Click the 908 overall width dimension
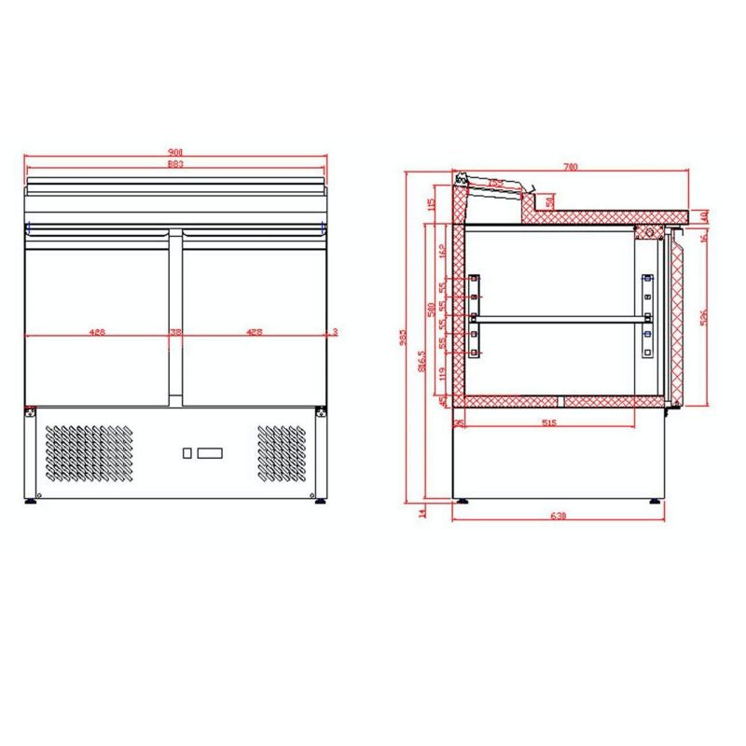tap(175, 151)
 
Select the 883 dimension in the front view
tap(175, 164)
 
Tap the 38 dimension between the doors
tap(175, 331)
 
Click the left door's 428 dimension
tap(96, 331)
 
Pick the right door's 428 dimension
tap(254, 331)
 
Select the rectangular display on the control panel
tap(211, 453)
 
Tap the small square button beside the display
tap(187, 453)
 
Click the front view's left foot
tap(32, 500)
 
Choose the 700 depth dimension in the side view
tap(571, 167)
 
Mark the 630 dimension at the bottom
tap(558, 516)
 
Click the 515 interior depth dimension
tap(547, 421)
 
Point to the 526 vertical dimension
tap(703, 316)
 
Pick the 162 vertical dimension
tap(442, 251)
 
